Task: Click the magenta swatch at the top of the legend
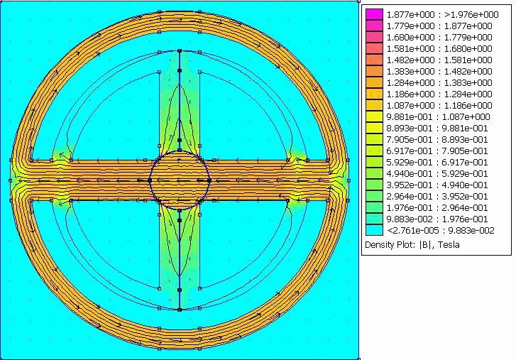click(374, 14)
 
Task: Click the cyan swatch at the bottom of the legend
click(374, 230)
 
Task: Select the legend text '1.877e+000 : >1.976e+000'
click(442, 14)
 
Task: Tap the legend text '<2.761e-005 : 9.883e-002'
click(440, 230)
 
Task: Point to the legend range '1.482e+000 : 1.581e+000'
click(439, 60)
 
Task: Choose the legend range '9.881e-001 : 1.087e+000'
click(438, 117)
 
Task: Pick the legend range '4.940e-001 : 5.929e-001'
click(437, 174)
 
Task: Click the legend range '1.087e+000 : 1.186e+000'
click(439, 105)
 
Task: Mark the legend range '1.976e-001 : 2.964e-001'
click(437, 207)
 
